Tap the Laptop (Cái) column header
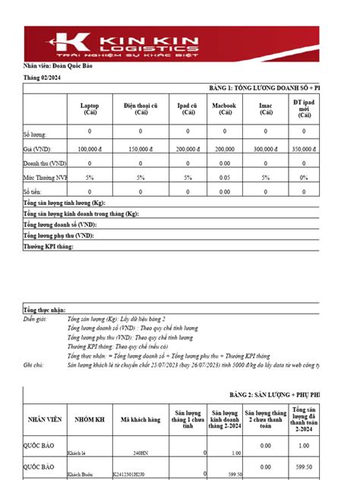[89, 109]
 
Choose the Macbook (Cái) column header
[224, 109]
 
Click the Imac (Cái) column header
[266, 109]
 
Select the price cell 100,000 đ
[89, 150]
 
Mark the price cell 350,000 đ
[305, 150]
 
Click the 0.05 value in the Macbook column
[224, 176]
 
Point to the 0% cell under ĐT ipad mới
[305, 176]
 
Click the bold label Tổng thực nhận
[45, 311]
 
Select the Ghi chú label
[34, 365]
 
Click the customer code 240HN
[141, 452]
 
